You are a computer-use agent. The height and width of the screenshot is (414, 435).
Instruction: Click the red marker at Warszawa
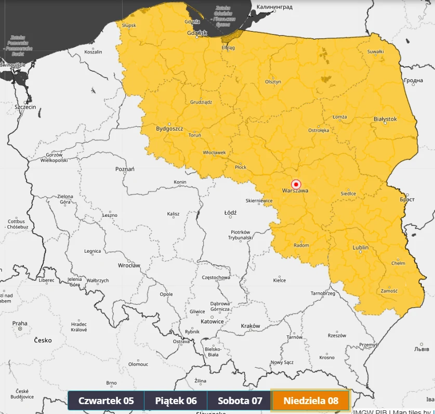tap(296, 184)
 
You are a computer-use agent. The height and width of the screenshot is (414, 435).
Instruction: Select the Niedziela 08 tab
tap(311, 401)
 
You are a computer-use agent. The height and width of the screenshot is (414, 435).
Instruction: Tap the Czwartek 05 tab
tap(106, 401)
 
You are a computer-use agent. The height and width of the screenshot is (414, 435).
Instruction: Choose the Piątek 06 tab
tap(176, 401)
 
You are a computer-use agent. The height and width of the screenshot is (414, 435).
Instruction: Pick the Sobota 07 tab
tap(240, 401)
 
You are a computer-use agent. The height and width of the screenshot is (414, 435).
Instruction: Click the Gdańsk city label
tap(197, 33)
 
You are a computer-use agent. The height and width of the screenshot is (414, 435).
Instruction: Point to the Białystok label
tap(385, 119)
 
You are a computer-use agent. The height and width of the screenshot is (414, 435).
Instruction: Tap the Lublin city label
tap(361, 248)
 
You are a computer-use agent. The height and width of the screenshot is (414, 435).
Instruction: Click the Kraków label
tap(250, 326)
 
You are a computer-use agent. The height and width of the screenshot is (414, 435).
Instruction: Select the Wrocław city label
tap(129, 265)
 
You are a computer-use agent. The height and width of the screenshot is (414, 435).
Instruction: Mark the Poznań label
tap(125, 169)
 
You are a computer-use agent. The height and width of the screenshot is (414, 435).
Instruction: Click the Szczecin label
tap(25, 107)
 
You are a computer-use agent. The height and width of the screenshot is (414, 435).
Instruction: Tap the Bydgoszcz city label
tap(169, 128)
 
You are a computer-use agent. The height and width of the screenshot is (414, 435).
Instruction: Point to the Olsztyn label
tap(273, 82)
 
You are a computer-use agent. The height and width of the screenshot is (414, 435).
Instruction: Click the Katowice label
tap(212, 321)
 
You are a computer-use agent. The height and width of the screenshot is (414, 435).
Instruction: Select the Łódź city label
tap(230, 213)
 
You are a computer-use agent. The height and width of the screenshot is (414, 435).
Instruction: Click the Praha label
tap(20, 323)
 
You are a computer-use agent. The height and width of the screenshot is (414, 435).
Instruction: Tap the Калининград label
tap(274, 7)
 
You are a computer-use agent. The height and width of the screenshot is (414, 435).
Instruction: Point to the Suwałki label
tap(375, 51)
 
